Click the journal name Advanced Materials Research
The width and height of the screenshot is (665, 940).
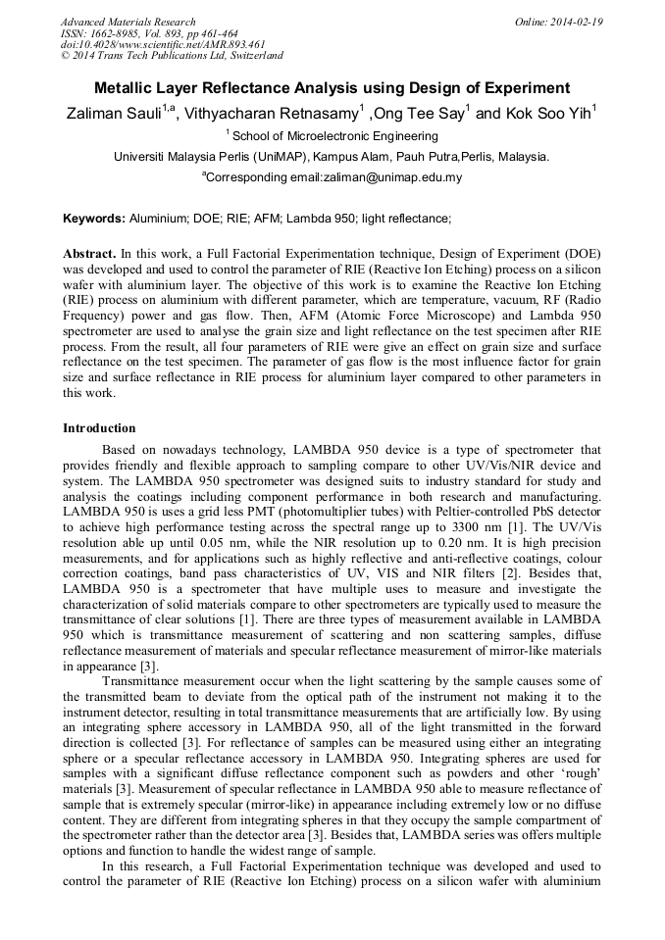(128, 22)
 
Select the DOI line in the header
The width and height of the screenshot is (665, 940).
(163, 44)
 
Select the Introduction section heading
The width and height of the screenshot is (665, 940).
(99, 428)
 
